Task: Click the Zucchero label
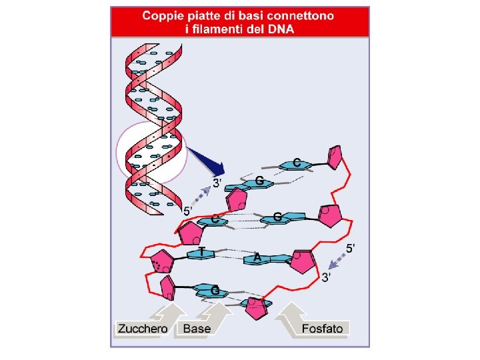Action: coord(142,329)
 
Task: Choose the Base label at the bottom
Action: coord(197,329)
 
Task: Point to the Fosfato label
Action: coord(322,329)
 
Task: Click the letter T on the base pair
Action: coord(201,252)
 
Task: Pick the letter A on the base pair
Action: coord(256,257)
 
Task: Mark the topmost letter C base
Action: coord(297,163)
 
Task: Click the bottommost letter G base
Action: coord(215,291)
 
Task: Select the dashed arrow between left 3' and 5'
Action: coord(202,195)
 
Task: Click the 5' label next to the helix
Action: coord(189,211)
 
